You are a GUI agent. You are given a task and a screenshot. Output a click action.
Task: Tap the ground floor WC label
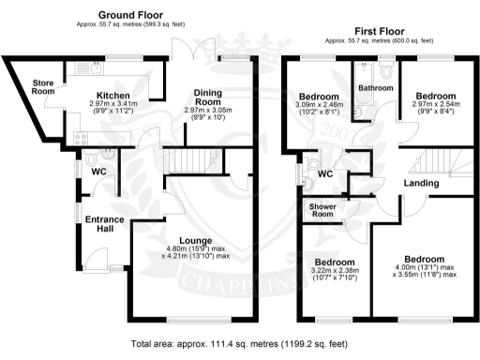[97, 172]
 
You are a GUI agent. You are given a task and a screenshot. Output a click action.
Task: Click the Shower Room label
[322, 210]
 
